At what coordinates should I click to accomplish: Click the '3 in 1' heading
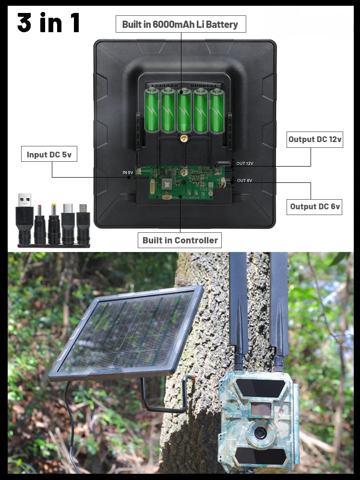(x=48, y=22)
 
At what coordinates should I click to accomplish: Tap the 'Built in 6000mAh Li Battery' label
(x=180, y=24)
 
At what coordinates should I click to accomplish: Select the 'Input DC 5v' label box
(x=49, y=154)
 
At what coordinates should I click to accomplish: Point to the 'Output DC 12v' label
(x=315, y=140)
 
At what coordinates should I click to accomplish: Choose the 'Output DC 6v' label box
(x=314, y=206)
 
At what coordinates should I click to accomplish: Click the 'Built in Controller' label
(x=180, y=240)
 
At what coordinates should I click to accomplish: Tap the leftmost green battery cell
(x=152, y=110)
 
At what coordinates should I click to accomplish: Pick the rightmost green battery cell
(x=217, y=110)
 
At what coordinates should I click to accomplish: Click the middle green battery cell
(x=184, y=110)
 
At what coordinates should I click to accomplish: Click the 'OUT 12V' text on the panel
(x=245, y=164)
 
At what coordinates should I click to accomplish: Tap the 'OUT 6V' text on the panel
(x=244, y=180)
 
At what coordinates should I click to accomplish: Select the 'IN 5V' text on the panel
(x=128, y=173)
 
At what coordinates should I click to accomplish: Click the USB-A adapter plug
(x=24, y=218)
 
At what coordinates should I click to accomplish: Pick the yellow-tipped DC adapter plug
(x=54, y=224)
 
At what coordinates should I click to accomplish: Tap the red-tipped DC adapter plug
(x=40, y=225)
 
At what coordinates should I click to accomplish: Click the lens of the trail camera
(x=260, y=433)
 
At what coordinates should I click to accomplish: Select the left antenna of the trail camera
(x=239, y=309)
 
